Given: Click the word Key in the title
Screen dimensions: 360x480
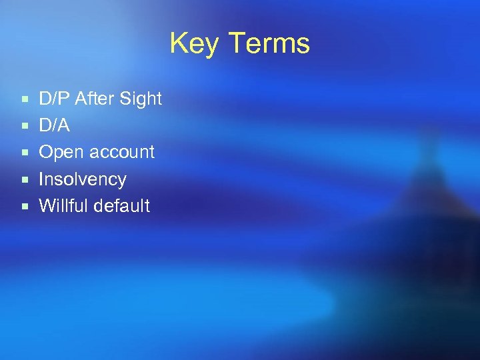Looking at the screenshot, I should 195,44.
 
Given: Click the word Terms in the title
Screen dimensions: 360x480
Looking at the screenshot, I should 269,43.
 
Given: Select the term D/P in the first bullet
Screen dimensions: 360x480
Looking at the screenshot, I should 55,99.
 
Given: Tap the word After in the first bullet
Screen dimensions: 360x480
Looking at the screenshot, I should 94,99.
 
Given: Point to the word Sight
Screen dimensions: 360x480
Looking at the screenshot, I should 141,99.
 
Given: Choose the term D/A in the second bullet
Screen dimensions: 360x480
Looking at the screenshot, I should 55,125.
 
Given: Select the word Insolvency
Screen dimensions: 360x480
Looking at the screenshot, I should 83,179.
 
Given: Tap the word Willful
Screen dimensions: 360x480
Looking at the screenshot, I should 63,206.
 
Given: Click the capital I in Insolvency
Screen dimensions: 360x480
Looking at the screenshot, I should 42,179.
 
